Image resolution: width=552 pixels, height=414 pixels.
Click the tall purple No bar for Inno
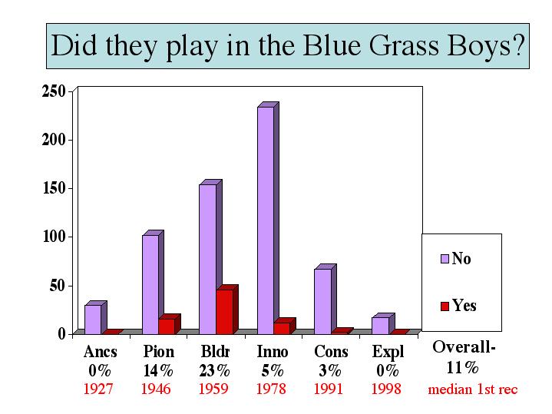click(268, 218)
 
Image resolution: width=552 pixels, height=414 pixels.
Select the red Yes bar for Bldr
click(227, 310)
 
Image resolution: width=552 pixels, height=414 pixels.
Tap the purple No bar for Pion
click(153, 282)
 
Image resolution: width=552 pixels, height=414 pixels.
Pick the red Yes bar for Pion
click(170, 324)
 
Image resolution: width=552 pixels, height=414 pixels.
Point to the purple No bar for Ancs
click(95, 317)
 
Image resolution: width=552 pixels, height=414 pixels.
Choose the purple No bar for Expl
click(383, 323)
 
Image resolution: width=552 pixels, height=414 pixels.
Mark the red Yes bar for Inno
click(285, 326)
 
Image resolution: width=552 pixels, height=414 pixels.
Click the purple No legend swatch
click(445, 259)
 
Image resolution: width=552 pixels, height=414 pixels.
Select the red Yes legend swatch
click(445, 306)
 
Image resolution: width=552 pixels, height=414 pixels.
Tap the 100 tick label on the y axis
click(55, 237)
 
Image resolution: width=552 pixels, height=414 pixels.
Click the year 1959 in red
click(213, 389)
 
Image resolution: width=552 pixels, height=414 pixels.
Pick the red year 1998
click(386, 389)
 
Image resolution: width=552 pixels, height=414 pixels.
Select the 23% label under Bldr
click(214, 370)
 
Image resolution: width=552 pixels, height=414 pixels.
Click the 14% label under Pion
click(158, 370)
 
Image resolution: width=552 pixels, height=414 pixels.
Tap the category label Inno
click(273, 351)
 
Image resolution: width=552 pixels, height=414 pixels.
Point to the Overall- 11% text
click(464, 357)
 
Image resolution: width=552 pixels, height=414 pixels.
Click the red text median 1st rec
click(473, 389)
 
